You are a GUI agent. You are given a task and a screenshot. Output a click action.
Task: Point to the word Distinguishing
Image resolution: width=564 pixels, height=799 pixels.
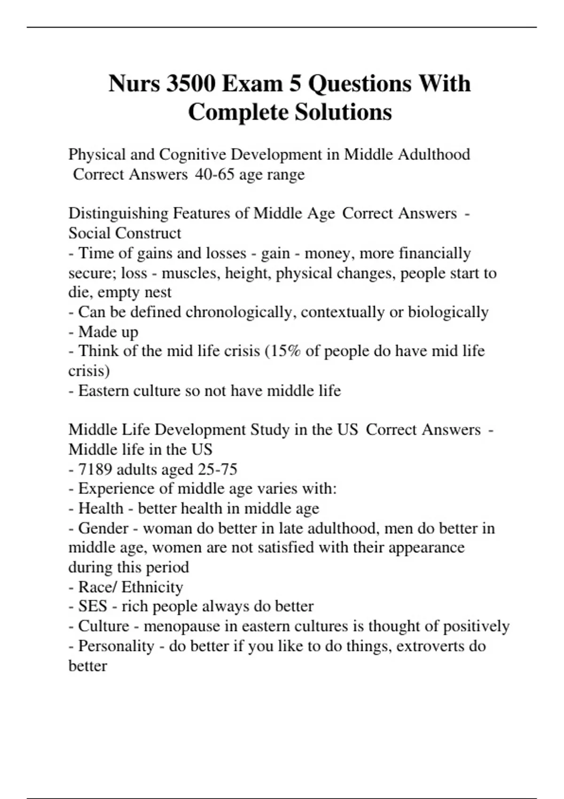coord(118,213)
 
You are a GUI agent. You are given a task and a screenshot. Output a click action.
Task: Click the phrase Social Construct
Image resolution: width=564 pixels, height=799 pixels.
coord(125,233)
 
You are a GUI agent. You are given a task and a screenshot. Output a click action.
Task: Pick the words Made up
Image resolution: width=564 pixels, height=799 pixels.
coord(108,332)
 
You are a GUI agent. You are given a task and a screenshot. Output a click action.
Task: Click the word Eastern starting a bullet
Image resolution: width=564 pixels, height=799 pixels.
coord(103,391)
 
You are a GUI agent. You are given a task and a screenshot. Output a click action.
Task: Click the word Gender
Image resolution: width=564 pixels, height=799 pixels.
coord(103,528)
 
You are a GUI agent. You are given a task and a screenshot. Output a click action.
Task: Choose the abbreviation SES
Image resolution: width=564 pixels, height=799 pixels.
coord(93,606)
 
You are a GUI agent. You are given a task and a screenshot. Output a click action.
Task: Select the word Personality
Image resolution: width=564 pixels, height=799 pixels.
coord(116,646)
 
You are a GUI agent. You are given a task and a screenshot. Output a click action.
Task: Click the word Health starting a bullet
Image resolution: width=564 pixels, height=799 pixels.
coord(101,509)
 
